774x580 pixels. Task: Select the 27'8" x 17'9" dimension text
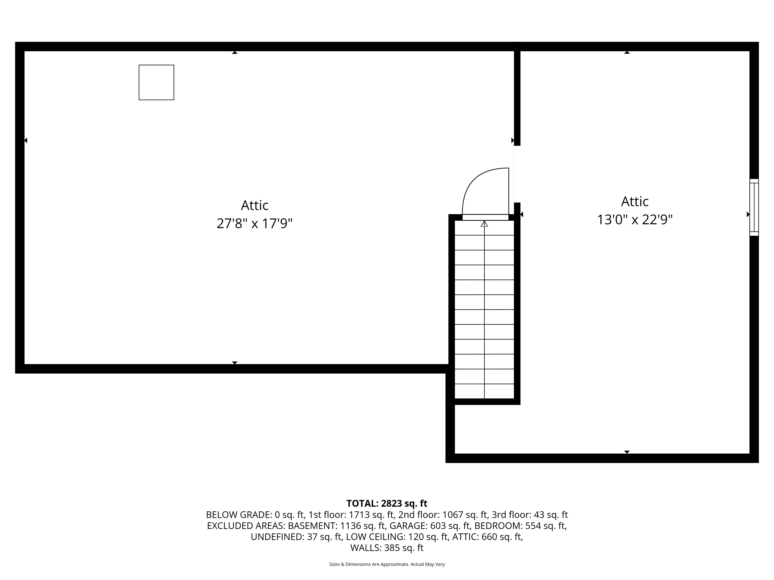pyautogui.click(x=254, y=223)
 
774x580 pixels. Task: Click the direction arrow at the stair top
pyautogui.click(x=484, y=224)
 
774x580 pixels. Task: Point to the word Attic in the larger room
pyautogui.click(x=254, y=205)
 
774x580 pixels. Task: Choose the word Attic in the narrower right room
pyautogui.click(x=635, y=202)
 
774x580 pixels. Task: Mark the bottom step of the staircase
pyautogui.click(x=484, y=391)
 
